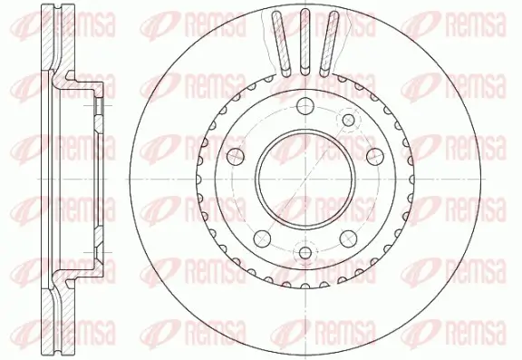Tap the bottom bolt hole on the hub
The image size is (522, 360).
303,251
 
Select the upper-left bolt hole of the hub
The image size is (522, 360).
237,152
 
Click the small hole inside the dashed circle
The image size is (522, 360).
348,120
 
